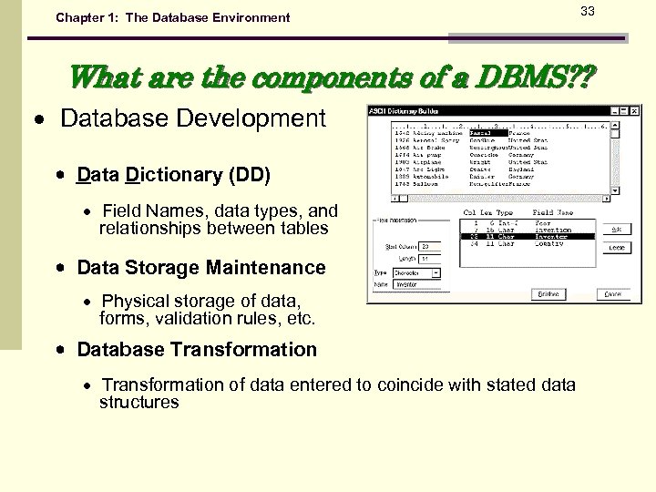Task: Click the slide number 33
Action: coord(588,11)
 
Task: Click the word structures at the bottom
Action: coord(138,402)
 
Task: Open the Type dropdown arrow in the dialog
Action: coord(436,272)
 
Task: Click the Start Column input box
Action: coord(429,246)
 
